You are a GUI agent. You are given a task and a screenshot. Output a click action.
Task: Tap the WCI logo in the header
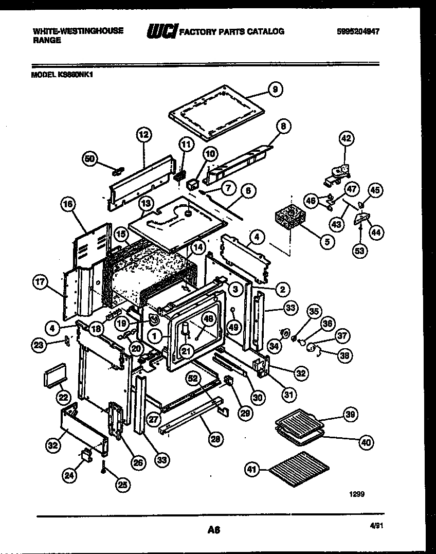pos(161,32)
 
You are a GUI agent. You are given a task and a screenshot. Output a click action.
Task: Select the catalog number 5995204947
pos(358,31)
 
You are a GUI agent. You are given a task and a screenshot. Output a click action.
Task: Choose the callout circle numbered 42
pos(347,138)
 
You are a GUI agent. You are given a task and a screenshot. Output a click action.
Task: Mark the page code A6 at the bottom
pos(214,530)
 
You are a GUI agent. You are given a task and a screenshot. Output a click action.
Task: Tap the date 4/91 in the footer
pos(376,526)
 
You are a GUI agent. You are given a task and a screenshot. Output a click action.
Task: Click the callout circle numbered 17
pos(40,282)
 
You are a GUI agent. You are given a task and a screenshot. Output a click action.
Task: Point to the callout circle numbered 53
pos(359,252)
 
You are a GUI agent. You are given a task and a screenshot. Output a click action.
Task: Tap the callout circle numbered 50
pos(90,159)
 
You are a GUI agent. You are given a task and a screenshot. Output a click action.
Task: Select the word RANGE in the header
pos(47,40)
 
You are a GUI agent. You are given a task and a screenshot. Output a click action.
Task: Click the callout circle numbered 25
pos(122,484)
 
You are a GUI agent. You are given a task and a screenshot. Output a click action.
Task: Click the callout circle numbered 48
pos(208,318)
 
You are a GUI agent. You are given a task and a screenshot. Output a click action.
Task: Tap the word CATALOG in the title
pos(265,32)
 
